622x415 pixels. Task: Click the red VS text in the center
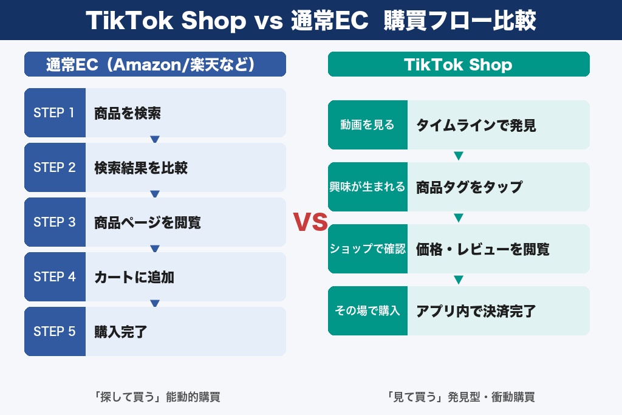point(310,222)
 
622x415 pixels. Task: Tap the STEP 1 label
point(55,113)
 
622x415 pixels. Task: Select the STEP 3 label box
point(55,222)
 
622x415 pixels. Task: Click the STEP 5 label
point(55,332)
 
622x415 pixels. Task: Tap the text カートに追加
point(134,277)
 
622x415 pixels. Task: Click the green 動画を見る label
point(367,125)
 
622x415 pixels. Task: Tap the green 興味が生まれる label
point(367,187)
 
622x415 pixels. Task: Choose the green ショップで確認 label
point(367,249)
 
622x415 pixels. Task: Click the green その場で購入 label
point(367,311)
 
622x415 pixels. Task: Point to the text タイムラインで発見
point(476,125)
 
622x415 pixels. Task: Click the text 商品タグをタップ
point(469,187)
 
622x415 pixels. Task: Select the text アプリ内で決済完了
point(476,311)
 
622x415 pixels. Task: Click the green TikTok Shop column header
point(459,64)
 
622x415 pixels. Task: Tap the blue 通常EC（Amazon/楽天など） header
point(155,64)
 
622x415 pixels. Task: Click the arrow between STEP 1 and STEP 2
point(155,140)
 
